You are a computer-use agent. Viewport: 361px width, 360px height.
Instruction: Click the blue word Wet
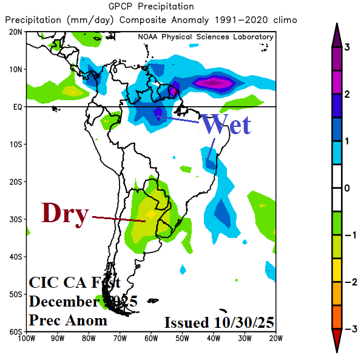226,124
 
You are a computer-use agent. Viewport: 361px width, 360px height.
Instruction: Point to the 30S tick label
16,219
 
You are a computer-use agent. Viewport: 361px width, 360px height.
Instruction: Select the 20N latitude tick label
16,32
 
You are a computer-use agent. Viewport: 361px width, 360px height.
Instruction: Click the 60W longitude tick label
150,338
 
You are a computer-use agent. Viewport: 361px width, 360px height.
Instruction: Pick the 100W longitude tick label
26,338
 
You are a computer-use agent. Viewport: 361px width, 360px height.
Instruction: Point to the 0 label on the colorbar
348,188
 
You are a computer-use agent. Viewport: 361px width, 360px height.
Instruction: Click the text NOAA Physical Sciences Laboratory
205,37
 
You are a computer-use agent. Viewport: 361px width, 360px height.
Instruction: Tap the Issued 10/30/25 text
219,322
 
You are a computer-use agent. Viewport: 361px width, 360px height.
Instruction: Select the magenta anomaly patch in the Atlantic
215,83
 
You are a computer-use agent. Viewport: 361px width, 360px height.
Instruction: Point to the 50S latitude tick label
16,294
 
